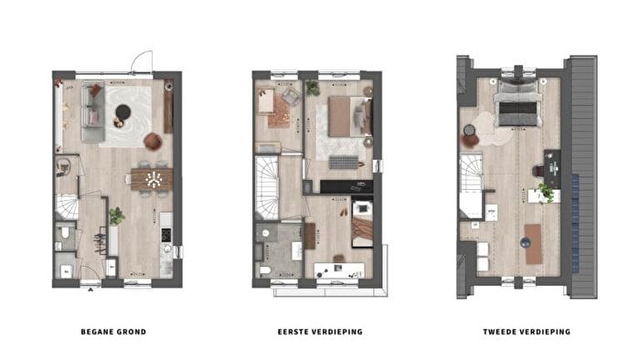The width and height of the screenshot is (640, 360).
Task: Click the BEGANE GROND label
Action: coord(113,332)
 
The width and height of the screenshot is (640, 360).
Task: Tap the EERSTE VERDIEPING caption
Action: coord(320,332)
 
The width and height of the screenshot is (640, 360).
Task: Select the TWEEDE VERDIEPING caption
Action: coord(527,332)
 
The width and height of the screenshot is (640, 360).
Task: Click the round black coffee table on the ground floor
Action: coord(123,111)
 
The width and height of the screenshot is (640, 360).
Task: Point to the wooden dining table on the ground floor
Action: coord(153,179)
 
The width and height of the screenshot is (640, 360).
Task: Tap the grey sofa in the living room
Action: coord(91,111)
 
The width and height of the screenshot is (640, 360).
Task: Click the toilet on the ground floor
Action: coord(65,233)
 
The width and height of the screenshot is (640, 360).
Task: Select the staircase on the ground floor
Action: coord(67,207)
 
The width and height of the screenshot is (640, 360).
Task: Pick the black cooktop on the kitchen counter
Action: coord(166,235)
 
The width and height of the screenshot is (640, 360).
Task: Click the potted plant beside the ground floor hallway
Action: coord(116,216)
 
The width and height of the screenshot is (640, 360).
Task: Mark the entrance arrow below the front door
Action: coord(91,290)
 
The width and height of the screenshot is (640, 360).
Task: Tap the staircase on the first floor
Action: coord(267,188)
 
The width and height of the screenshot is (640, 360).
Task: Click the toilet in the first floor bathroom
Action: coord(265,270)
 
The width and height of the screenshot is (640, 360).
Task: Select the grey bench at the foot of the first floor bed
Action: coord(343,163)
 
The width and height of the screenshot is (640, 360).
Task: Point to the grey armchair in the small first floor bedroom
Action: coord(291,97)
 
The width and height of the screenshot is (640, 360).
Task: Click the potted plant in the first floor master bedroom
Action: coord(313,89)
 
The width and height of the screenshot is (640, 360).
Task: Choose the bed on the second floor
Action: coord(518,104)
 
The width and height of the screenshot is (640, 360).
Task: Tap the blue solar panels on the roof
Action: coord(575,224)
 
